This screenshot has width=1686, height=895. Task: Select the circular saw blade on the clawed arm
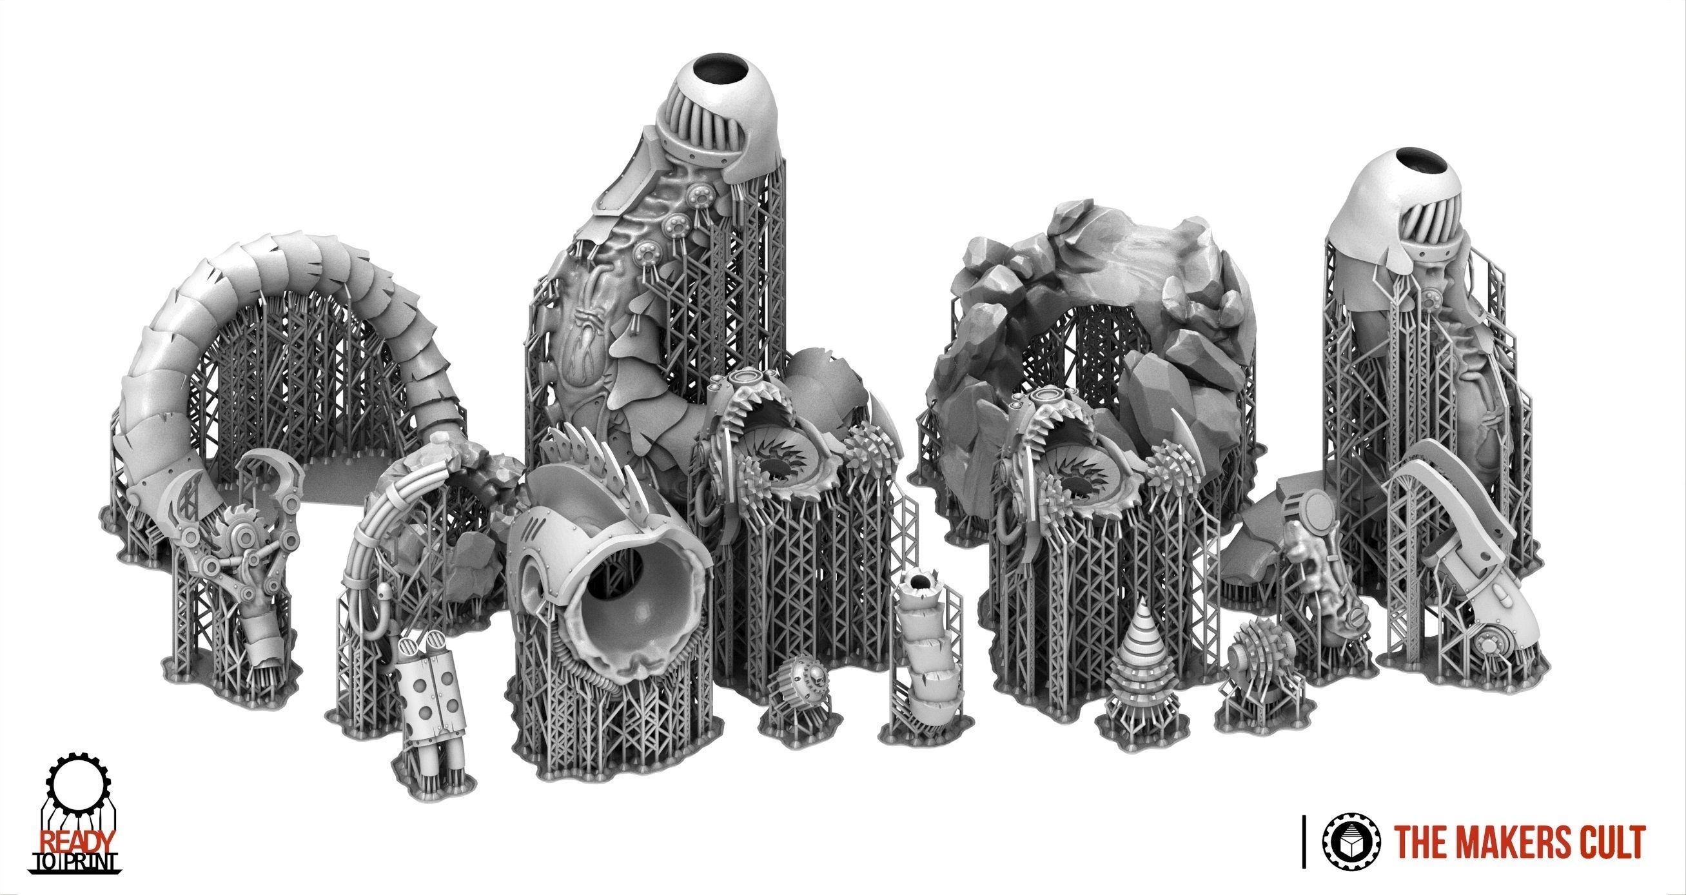235,529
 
